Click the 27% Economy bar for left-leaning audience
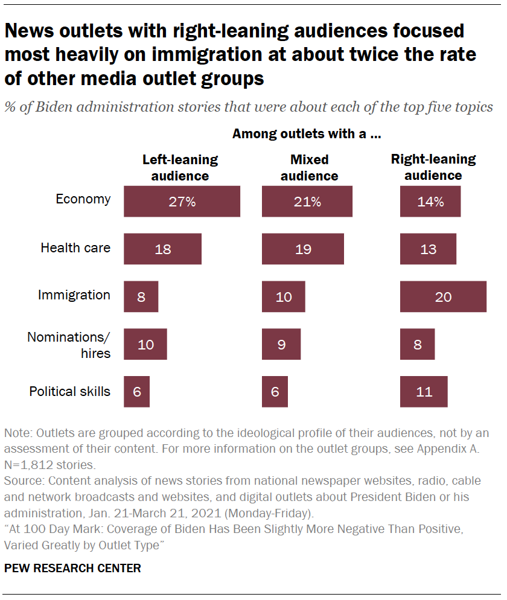click(182, 202)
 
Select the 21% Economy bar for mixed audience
click(307, 202)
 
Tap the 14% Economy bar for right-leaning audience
click(430, 202)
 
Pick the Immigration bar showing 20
click(443, 296)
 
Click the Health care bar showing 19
click(302, 249)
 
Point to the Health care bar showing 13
click(428, 249)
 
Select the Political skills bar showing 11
click(424, 392)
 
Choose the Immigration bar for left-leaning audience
click(141, 296)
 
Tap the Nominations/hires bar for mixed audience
click(281, 344)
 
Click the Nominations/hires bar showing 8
click(417, 344)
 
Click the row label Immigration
click(74, 295)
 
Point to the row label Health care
click(75, 247)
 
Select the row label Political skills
click(70, 391)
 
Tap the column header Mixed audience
click(309, 168)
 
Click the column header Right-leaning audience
click(433, 167)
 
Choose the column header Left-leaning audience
click(180, 168)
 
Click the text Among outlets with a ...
click(306, 134)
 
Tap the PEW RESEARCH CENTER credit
click(72, 568)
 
